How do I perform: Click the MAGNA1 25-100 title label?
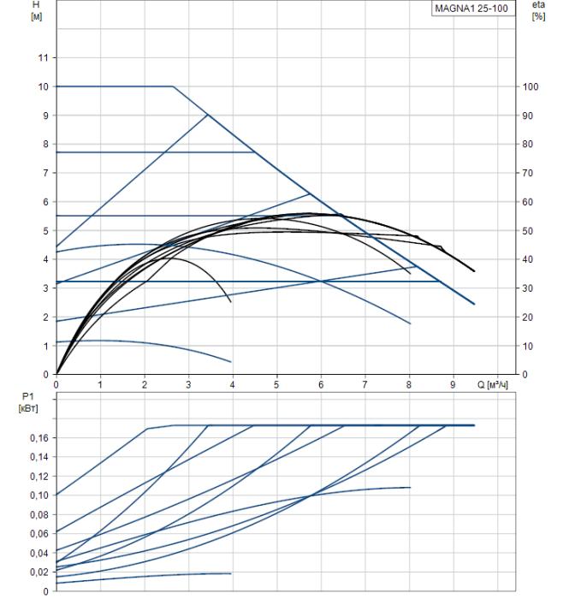point(473,9)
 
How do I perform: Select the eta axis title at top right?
point(538,5)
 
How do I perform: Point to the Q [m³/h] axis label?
point(494,385)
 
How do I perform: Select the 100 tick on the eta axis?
point(530,86)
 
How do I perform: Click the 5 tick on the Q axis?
point(276,385)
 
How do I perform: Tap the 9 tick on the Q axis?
point(453,385)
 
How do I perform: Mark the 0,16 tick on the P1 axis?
point(38,437)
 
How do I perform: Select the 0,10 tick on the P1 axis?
point(38,495)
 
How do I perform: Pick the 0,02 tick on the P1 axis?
point(38,572)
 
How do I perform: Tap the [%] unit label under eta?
point(538,17)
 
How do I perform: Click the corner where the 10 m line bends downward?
point(173,86)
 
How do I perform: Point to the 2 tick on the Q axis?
point(145,385)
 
